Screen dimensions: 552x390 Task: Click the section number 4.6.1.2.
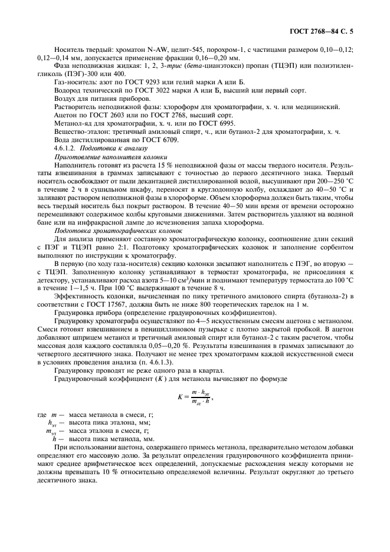click(x=65, y=150)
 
